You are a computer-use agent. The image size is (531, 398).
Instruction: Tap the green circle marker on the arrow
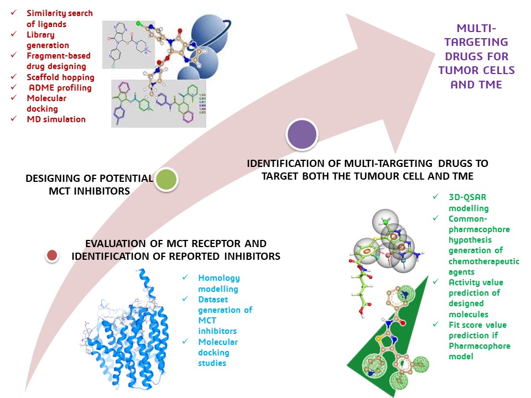click(166, 179)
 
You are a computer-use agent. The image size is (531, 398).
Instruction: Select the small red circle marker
click(53, 255)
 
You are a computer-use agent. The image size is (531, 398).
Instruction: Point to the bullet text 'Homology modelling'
click(218, 283)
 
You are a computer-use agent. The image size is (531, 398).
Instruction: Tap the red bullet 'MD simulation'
click(55, 119)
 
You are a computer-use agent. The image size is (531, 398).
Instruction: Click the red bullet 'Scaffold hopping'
click(60, 77)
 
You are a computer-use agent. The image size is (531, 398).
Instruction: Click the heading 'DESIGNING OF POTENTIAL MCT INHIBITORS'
click(88, 184)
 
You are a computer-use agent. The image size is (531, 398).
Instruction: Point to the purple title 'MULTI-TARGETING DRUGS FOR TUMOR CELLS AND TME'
click(476, 56)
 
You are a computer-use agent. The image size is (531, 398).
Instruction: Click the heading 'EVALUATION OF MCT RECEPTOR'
click(176, 244)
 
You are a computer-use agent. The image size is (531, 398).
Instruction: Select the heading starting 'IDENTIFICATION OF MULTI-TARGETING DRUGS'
click(367, 169)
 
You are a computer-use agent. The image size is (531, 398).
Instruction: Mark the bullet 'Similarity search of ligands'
click(60, 18)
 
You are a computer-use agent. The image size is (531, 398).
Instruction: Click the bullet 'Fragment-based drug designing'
click(59, 61)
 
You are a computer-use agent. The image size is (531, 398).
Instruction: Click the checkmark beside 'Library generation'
click(13, 34)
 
